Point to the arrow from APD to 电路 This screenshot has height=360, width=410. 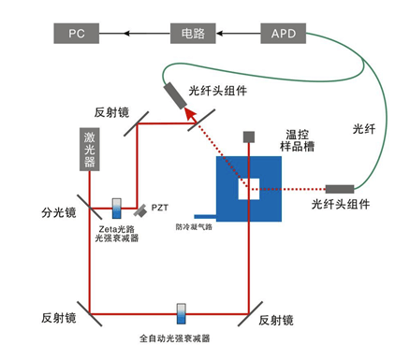[238, 34]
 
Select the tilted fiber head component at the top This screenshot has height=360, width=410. [175, 94]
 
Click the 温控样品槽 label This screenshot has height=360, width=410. [301, 139]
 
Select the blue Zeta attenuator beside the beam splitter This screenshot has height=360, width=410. [117, 206]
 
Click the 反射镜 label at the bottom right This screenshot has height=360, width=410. [276, 320]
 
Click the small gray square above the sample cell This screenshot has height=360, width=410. [248, 137]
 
